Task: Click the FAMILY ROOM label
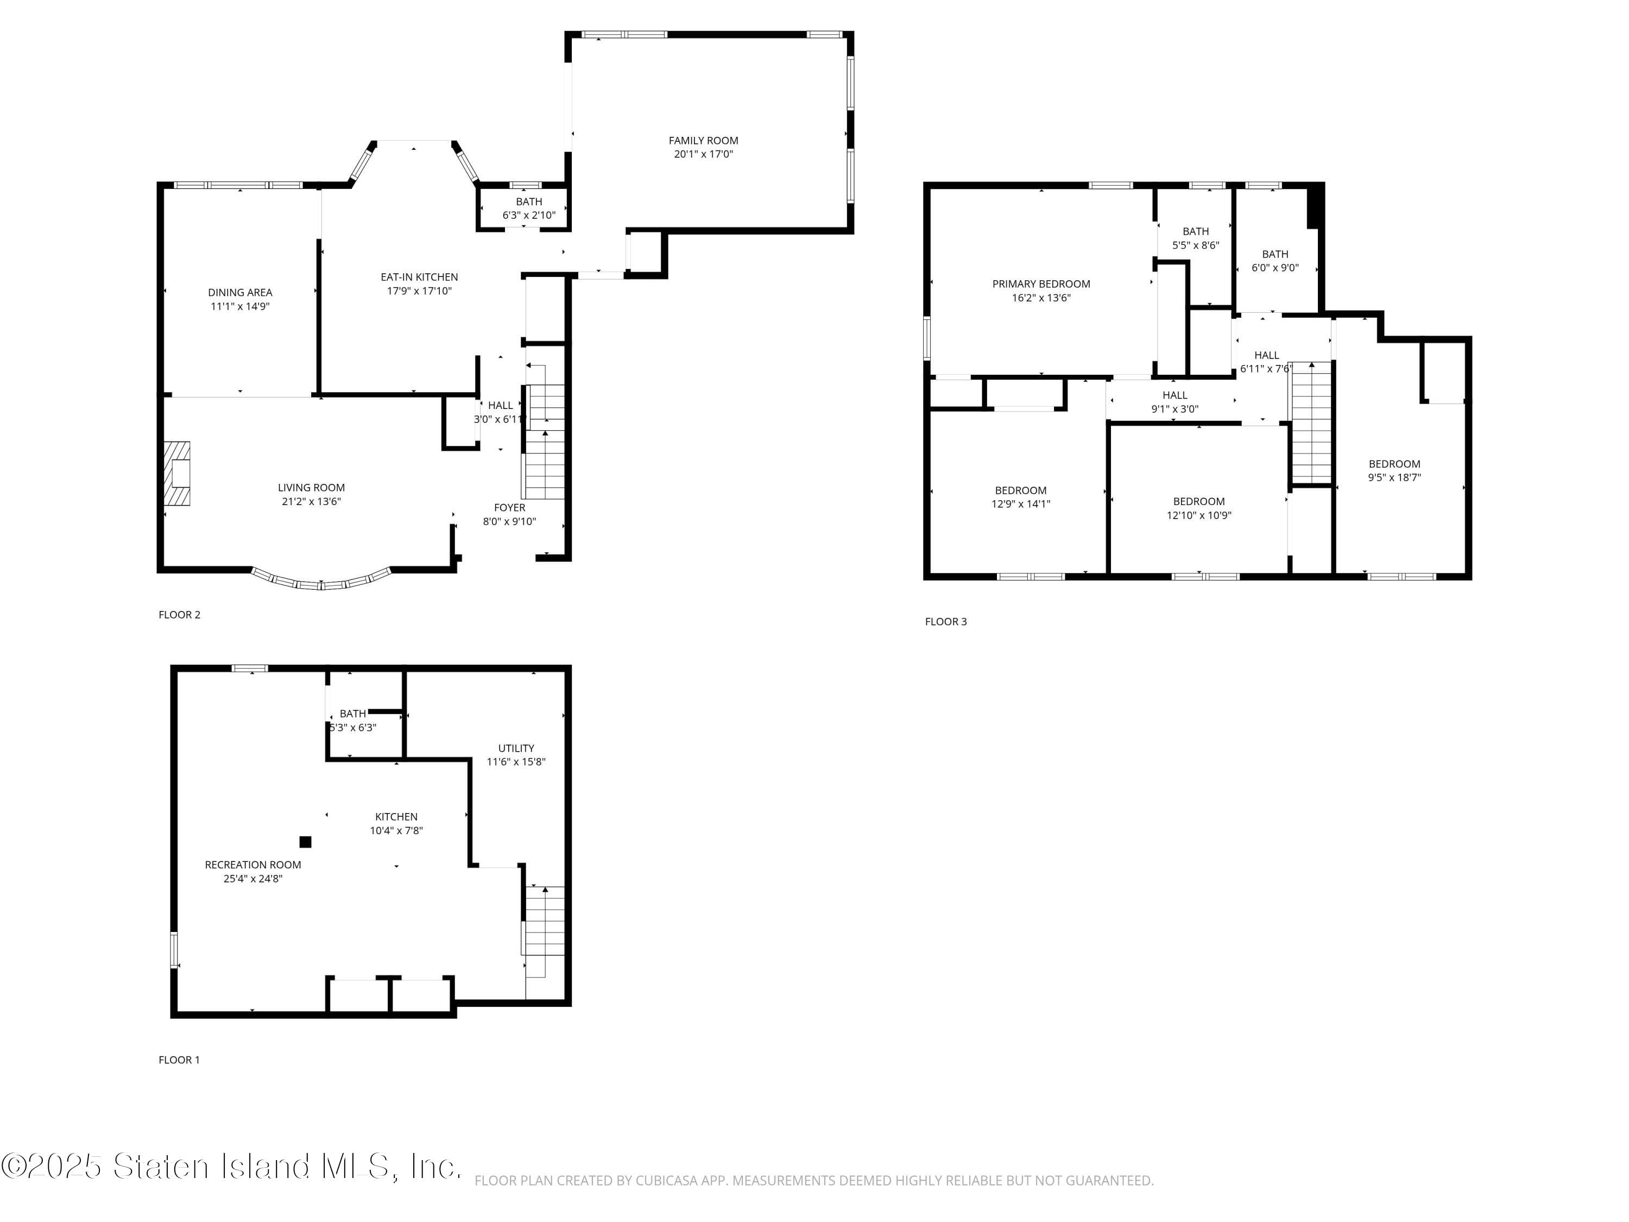(x=703, y=140)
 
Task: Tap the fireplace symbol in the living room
(x=176, y=473)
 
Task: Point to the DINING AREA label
(x=240, y=292)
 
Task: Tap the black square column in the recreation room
(x=305, y=842)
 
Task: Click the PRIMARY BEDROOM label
(x=1040, y=284)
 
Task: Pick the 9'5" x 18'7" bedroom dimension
(x=1394, y=477)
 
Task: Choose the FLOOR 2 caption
(x=179, y=614)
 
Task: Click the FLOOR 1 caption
(x=179, y=1059)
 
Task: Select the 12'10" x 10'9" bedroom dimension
(x=1198, y=515)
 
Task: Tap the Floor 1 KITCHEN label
(x=396, y=816)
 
